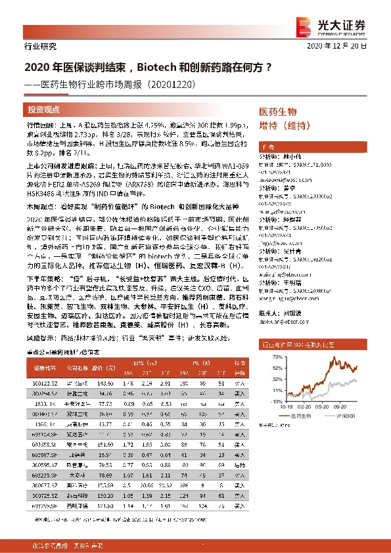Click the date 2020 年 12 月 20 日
tap(346, 47)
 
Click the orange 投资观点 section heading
tap(44, 110)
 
